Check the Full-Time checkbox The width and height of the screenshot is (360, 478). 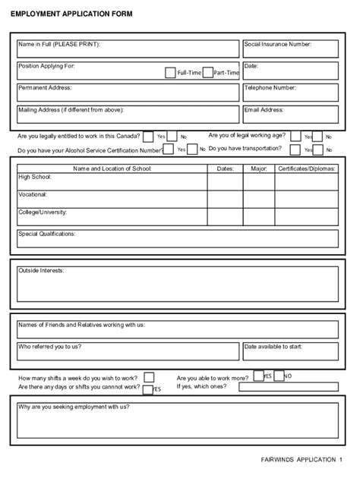click(x=170, y=73)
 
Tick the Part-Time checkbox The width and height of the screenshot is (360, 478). click(x=207, y=73)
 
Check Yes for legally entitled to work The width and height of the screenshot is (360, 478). click(x=148, y=137)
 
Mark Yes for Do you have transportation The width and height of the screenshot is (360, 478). click(x=295, y=149)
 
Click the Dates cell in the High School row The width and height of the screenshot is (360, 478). click(x=225, y=181)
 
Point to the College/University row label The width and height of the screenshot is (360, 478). click(x=43, y=212)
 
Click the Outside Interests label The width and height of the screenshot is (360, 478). click(x=41, y=270)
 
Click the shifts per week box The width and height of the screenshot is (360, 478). click(x=149, y=377)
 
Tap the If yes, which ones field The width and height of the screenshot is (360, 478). click(x=288, y=387)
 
